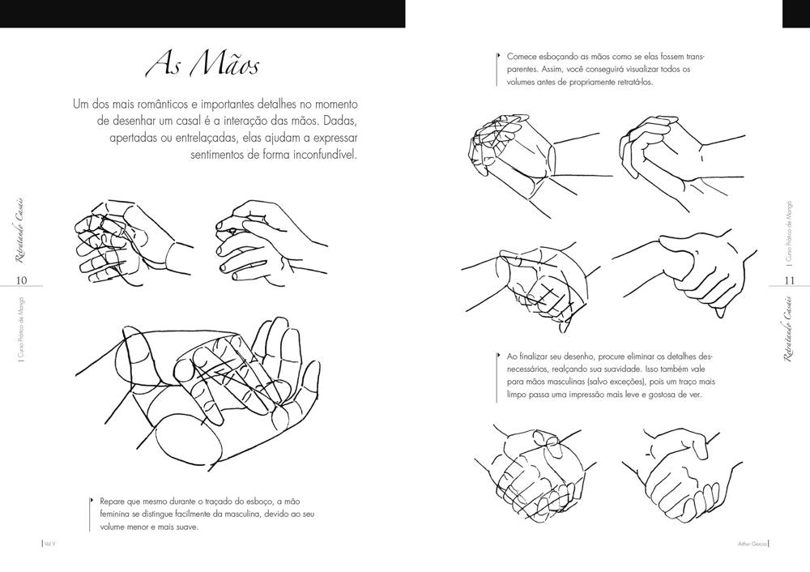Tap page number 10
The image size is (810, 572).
coord(22,281)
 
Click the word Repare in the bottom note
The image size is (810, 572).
coord(113,501)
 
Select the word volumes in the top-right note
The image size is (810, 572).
coord(521,82)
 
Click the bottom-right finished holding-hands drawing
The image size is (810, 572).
coord(682,470)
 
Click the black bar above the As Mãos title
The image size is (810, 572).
coord(202,14)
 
